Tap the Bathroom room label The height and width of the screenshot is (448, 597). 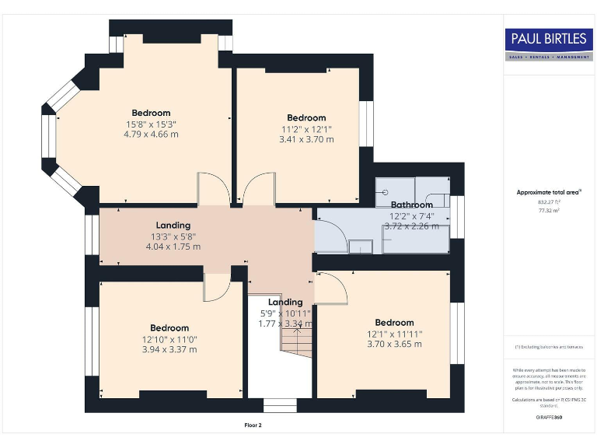[x=411, y=205]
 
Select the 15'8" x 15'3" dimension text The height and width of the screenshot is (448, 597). [x=151, y=124]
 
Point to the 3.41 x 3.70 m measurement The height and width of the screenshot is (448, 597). [x=306, y=140]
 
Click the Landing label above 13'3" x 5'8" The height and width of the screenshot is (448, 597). [x=173, y=226]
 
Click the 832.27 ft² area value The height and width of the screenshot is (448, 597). [x=549, y=201]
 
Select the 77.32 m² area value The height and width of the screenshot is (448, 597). [x=549, y=210]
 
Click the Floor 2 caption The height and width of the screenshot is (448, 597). [x=253, y=425]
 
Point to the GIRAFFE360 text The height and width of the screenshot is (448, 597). [x=548, y=418]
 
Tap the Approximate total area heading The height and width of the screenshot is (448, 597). [x=548, y=191]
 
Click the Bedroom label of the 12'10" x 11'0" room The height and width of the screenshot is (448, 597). [x=169, y=328]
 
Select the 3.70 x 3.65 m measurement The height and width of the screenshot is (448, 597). [x=394, y=344]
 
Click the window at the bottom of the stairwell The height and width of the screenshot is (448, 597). [x=279, y=405]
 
